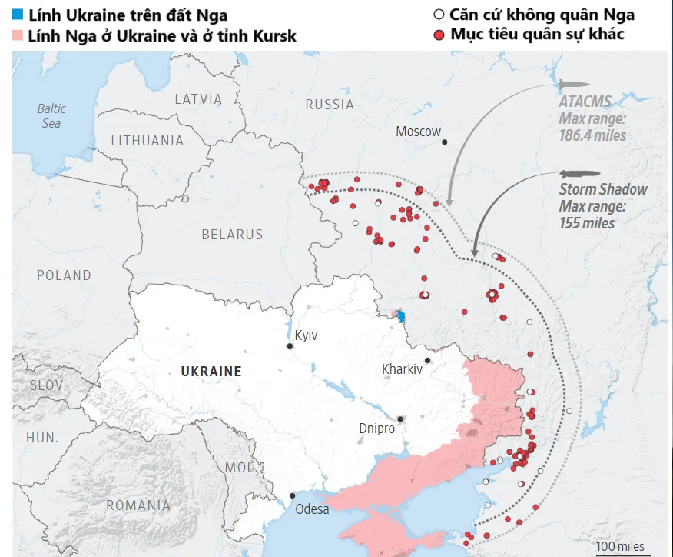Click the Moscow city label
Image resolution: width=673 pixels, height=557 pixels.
[x=418, y=132]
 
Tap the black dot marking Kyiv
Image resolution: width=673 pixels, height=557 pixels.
[x=290, y=347]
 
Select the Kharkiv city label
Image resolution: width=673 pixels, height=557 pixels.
[x=402, y=369]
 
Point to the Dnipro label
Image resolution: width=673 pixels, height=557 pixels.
[x=376, y=428]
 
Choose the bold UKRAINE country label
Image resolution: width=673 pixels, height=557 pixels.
[x=211, y=372]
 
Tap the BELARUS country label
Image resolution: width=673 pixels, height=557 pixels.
[x=232, y=235]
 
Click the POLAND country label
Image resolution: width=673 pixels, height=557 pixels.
[x=64, y=275]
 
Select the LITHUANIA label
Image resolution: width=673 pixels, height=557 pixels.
[x=148, y=141]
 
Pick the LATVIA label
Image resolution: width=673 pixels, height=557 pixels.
[x=197, y=99]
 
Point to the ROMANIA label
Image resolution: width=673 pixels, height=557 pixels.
[x=138, y=505]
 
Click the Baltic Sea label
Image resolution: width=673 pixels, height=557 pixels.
[x=51, y=115]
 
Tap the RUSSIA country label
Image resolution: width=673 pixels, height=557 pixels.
[x=330, y=105]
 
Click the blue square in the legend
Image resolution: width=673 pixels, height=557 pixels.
[x=18, y=14]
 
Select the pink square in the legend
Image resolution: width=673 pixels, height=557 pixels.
[x=18, y=35]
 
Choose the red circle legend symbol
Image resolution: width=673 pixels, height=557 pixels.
[x=439, y=35]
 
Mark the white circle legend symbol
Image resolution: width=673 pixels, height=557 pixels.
[x=439, y=14]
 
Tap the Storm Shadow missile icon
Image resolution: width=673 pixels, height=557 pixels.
[x=575, y=173]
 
